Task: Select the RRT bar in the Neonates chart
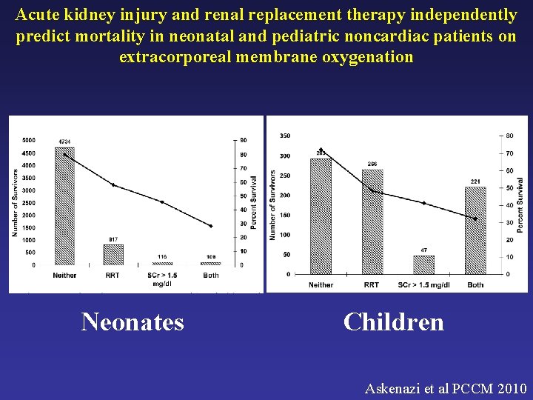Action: click(113, 254)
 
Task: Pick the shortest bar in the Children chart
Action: click(423, 264)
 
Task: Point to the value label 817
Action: click(113, 239)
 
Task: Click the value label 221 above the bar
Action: click(475, 181)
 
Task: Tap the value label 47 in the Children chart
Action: click(423, 250)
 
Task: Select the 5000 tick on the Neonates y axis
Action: click(29, 140)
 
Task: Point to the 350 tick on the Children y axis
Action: click(285, 136)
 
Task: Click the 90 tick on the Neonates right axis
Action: click(243, 140)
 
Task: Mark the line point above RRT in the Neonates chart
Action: click(113, 185)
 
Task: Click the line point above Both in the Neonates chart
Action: click(211, 226)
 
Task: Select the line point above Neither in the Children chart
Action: click(321, 150)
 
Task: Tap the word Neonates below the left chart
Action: click(133, 321)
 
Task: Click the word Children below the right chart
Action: click(394, 321)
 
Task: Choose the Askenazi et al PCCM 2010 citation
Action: click(446, 387)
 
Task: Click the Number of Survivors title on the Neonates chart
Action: click(14, 202)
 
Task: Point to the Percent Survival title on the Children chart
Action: click(520, 204)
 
